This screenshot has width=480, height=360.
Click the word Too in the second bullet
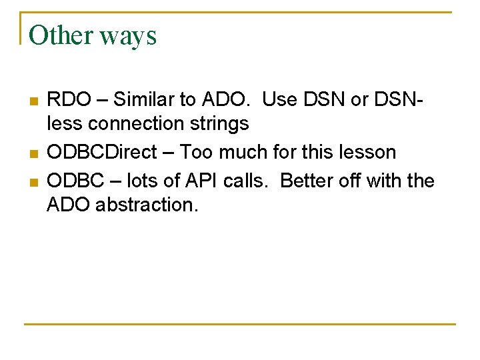tap(197, 152)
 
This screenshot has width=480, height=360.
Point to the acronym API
tap(209, 181)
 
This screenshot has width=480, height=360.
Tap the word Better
tap(307, 181)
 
